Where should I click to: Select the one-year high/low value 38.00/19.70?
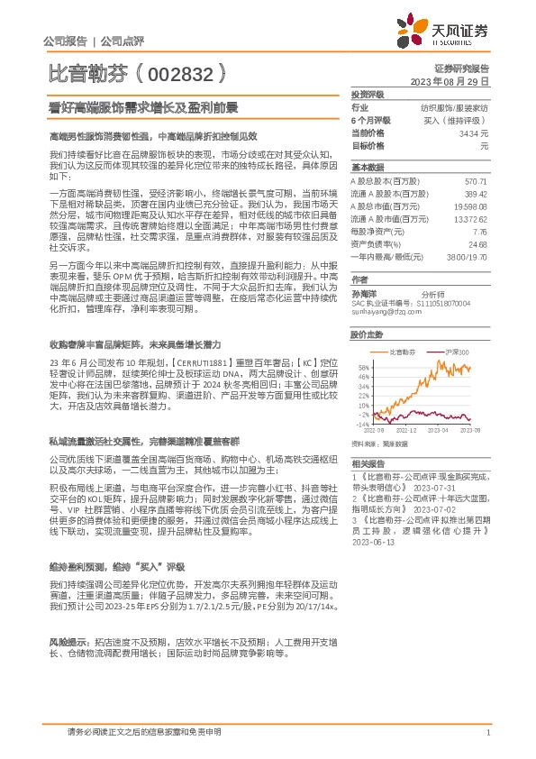pyautogui.click(x=466, y=257)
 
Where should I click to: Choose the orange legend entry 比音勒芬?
pyautogui.click(x=400, y=351)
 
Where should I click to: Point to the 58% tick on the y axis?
pyautogui.click(x=363, y=367)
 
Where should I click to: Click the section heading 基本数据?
pyautogui.click(x=366, y=168)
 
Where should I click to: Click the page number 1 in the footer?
pyautogui.click(x=486, y=732)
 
